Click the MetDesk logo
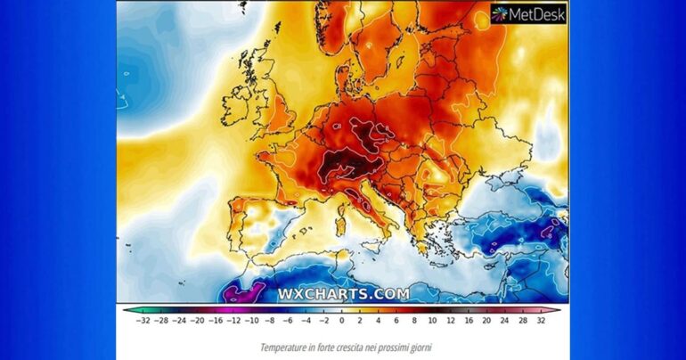527,12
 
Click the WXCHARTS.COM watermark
343,293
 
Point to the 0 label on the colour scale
342,320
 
